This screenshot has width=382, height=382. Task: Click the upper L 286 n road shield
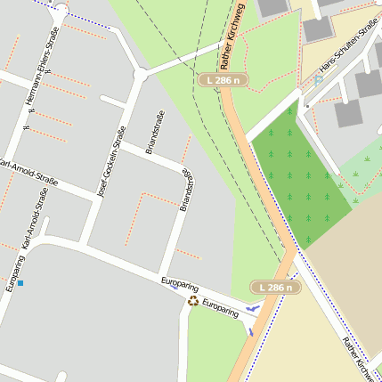[222, 80]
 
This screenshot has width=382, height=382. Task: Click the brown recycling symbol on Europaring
[193, 301]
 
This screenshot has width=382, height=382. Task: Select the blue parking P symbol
[319, 79]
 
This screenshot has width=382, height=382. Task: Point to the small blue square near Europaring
[20, 283]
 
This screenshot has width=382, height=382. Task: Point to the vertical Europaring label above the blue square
[12, 273]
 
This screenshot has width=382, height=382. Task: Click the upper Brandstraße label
[150, 132]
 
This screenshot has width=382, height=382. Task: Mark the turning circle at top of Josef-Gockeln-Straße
[140, 76]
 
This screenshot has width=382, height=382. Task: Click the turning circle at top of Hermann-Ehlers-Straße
[60, 11]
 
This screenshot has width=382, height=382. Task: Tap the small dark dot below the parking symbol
[307, 106]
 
